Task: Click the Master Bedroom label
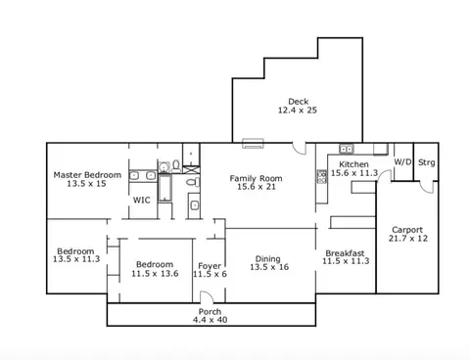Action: (87, 175)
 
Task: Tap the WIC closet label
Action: (142, 200)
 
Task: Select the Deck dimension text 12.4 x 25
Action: (298, 111)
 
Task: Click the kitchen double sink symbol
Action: (346, 149)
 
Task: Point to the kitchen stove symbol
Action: (321, 176)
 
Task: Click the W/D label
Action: (402, 162)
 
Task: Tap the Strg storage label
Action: (427, 162)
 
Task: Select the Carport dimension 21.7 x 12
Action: (408, 239)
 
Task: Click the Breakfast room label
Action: (345, 253)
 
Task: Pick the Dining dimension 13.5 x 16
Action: (269, 267)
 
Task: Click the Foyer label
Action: (210, 266)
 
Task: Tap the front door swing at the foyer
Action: (207, 297)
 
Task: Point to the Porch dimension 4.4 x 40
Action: (210, 320)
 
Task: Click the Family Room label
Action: (256, 178)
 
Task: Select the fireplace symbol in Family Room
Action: (253, 144)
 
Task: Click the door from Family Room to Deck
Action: (300, 148)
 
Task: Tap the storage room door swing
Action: (427, 187)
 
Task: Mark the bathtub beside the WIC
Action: (164, 188)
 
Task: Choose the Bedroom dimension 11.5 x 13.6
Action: (155, 273)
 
